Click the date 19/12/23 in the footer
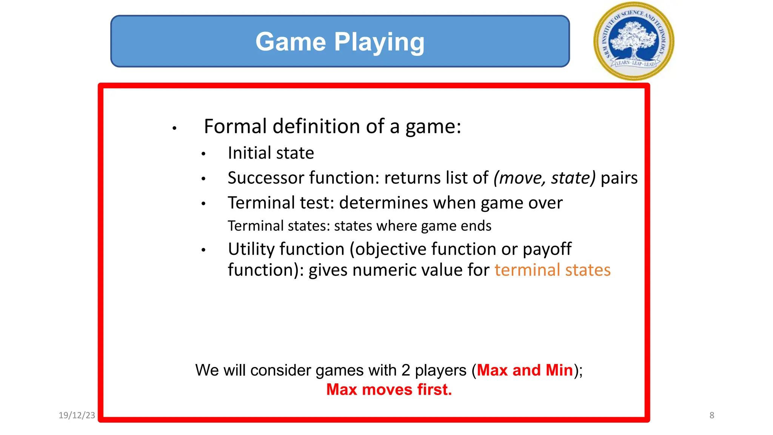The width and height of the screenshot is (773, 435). point(77,415)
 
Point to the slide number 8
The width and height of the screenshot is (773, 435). point(711,415)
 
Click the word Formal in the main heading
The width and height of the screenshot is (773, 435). point(235,126)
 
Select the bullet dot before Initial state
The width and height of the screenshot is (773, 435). point(203,154)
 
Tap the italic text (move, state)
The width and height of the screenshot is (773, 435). point(544,178)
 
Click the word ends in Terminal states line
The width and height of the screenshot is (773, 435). point(478,226)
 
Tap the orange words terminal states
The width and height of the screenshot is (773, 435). point(552,270)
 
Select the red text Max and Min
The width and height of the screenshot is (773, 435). point(525,370)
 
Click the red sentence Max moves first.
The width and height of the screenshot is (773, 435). point(389,390)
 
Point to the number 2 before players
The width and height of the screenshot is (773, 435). point(405,370)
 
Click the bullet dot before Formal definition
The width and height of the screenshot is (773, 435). point(174,128)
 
